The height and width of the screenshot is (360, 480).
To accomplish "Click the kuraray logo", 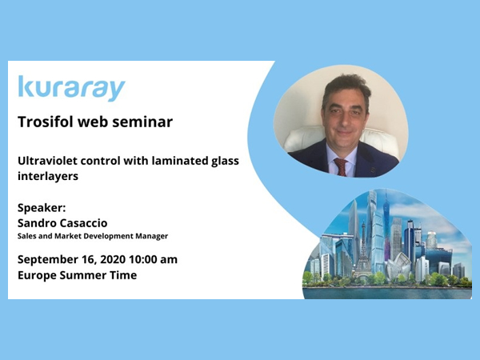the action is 72,89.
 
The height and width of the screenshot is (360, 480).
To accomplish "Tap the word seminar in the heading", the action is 142,122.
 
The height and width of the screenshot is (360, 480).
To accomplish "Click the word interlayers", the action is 48,176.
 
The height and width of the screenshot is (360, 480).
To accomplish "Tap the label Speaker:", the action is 42,208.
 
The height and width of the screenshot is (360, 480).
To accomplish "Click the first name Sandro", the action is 37,223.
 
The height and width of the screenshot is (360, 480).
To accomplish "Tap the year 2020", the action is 113,259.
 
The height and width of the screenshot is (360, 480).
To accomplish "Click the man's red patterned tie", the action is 341,167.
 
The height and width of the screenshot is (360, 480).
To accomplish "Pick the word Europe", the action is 37,275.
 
